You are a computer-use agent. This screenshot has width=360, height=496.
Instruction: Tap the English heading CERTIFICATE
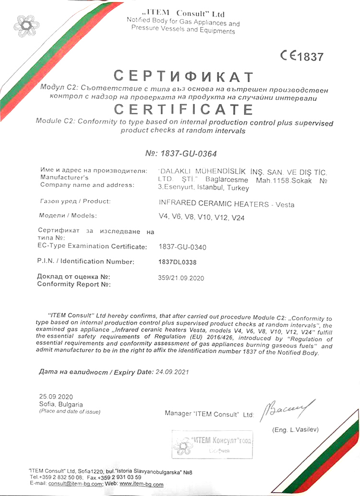coord(184,109)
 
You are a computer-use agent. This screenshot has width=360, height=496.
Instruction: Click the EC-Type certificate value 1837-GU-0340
coord(182,247)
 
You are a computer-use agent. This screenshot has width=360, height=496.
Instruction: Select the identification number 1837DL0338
coord(177,262)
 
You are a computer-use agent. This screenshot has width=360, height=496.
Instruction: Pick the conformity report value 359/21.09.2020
coord(181,278)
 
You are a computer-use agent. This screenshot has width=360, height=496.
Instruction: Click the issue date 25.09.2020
coord(56,397)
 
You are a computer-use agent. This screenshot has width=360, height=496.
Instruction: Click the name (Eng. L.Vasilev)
coord(295,429)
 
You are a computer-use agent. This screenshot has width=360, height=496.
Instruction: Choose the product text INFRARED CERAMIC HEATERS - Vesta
coord(226,204)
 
